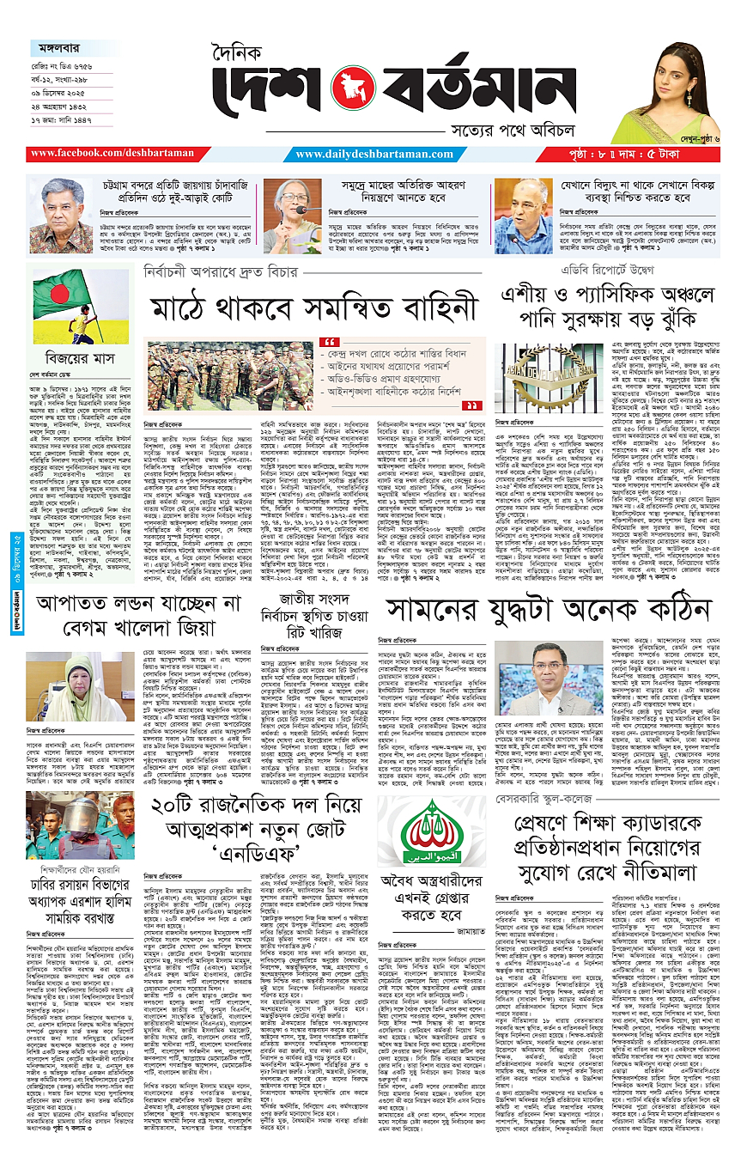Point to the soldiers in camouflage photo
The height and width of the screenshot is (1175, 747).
coord(228,374)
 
